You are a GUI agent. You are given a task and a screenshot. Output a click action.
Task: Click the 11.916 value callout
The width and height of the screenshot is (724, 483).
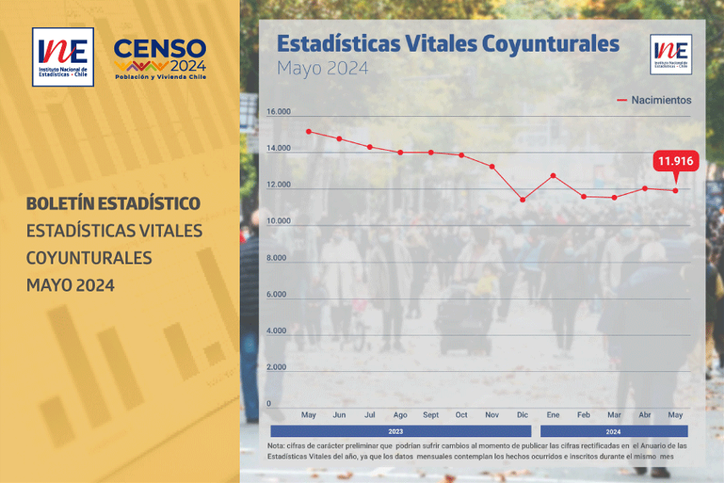(676, 161)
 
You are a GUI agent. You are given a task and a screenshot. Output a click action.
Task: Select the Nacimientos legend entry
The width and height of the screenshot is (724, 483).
(654, 100)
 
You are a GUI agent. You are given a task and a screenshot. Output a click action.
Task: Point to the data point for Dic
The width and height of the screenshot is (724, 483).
(522, 200)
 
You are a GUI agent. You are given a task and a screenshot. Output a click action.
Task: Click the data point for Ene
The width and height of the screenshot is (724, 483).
(553, 175)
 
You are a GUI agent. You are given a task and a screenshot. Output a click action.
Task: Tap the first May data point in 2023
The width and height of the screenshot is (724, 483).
(308, 131)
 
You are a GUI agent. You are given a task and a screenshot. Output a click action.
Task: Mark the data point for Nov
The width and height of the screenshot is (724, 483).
(492, 167)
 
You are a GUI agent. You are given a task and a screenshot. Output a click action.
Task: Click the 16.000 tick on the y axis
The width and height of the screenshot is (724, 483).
(279, 112)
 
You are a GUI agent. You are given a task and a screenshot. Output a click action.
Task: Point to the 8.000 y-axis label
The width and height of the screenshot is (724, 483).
(279, 258)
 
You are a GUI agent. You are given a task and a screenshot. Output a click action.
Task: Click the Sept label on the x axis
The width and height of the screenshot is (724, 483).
(430, 415)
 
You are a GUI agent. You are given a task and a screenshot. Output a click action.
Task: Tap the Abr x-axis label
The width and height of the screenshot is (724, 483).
(644, 415)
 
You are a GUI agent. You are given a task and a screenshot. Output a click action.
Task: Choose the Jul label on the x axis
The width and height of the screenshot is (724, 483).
(369, 415)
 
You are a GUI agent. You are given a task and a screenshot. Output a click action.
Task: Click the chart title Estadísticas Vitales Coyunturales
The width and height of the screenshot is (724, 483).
(448, 44)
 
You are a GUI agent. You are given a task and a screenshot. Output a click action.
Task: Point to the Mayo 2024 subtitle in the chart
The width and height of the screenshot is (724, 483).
(323, 69)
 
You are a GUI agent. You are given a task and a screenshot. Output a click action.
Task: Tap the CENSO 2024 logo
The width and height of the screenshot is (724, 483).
(160, 59)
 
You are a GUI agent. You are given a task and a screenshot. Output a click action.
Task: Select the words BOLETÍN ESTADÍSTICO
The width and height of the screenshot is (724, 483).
(113, 204)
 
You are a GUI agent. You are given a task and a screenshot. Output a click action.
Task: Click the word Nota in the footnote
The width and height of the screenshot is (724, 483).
(275, 446)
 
